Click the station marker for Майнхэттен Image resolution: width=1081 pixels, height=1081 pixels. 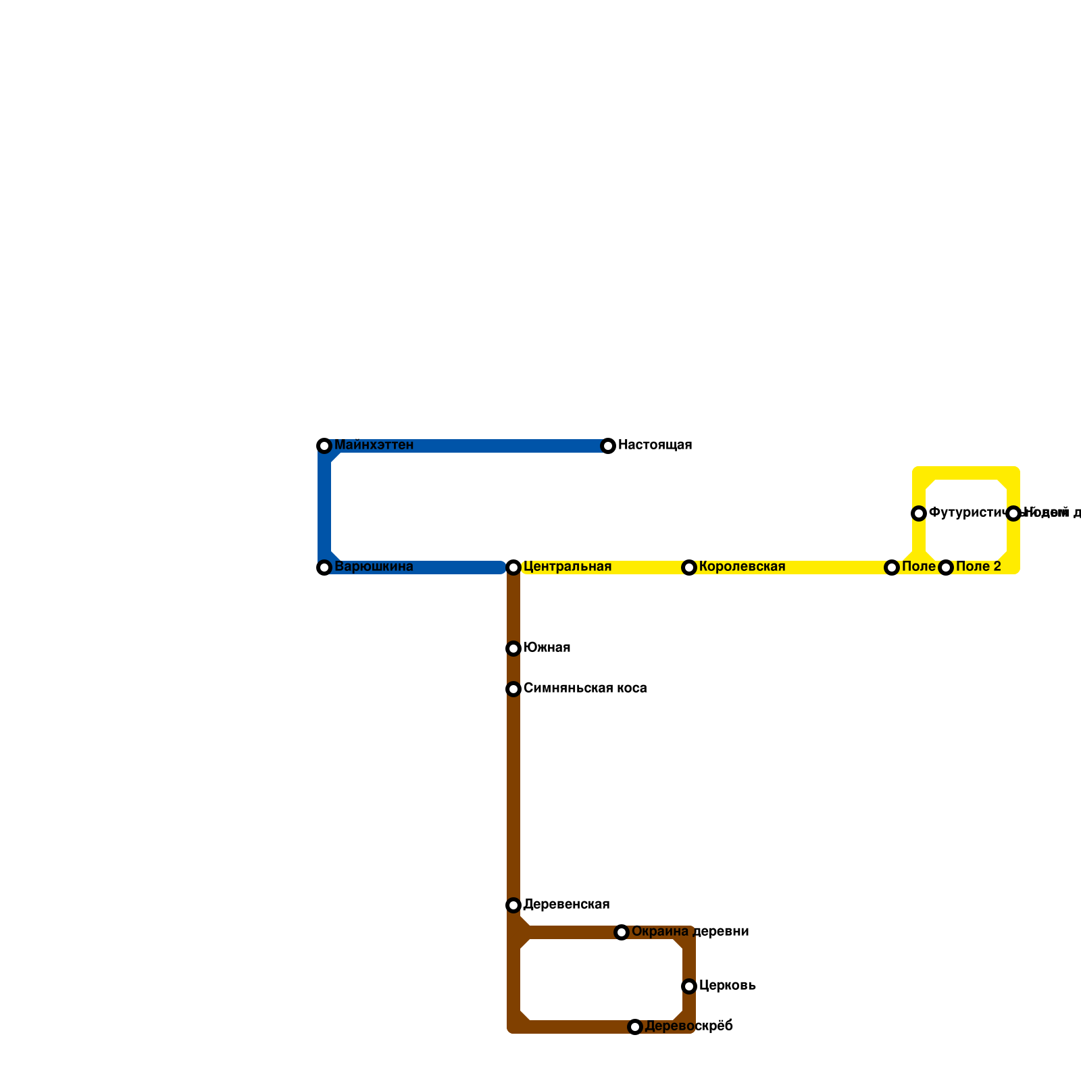point(324,446)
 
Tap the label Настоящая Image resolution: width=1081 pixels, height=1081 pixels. point(655,445)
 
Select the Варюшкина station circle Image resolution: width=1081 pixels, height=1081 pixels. point(324,568)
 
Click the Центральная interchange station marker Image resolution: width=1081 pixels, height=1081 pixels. point(513,568)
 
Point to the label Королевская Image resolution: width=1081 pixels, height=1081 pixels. point(742,567)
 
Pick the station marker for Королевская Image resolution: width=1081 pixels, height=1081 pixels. point(689,568)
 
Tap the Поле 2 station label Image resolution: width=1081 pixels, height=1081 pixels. point(978,567)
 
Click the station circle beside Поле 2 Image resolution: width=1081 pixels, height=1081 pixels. point(946,568)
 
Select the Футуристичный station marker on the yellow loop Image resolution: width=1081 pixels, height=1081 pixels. point(919,513)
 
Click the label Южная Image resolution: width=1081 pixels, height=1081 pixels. point(547,648)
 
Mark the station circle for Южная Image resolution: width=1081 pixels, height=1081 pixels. point(513,649)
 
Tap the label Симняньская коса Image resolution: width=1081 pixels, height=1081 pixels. point(585,688)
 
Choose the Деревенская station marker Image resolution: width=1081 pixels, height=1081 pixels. point(513,905)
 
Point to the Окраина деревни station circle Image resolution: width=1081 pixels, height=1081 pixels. point(622,932)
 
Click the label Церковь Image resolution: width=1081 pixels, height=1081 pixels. point(727,986)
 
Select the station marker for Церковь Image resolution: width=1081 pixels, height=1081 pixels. point(689,986)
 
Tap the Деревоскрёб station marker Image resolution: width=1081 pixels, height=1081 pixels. point(635,1027)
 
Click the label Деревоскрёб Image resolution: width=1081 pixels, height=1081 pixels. point(688,1026)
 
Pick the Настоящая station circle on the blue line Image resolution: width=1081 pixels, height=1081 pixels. point(608,446)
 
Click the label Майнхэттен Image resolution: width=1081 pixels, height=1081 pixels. point(374,445)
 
